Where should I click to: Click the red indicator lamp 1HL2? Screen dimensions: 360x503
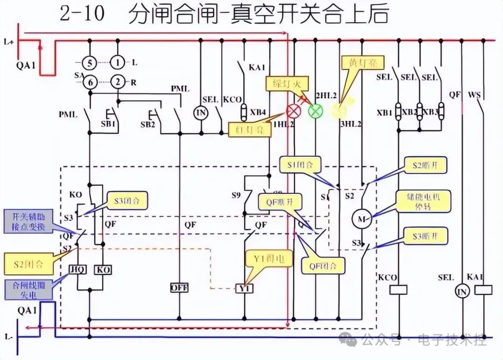[293, 111]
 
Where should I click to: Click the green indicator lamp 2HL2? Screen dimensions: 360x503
[316, 111]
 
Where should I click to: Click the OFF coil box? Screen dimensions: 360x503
[179, 287]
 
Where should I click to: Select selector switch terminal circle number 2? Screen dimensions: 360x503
[118, 82]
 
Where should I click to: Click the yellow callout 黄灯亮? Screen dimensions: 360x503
[357, 63]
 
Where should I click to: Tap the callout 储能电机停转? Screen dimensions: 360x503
[418, 200]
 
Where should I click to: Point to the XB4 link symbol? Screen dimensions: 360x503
[244, 112]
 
